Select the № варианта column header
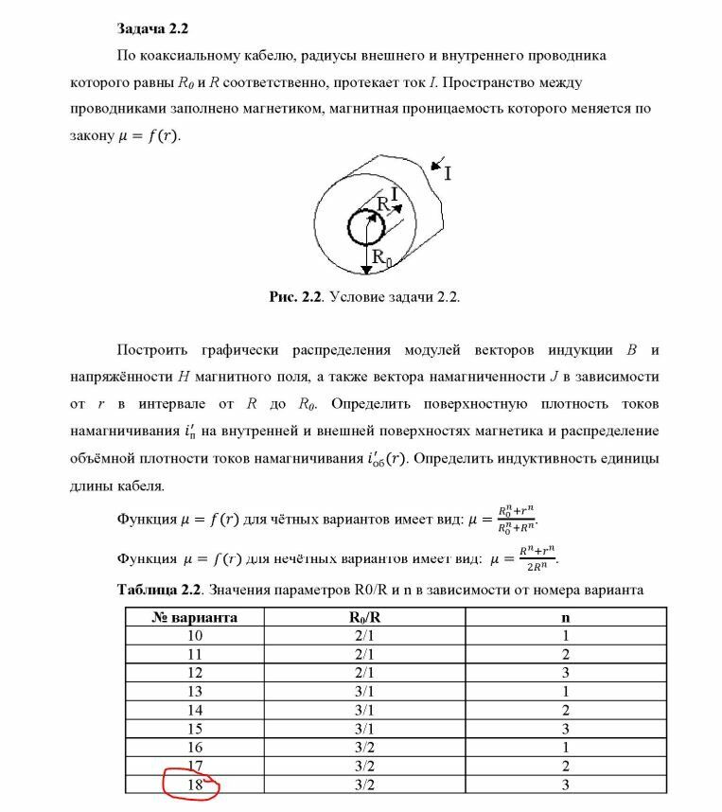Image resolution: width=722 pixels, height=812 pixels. point(194,618)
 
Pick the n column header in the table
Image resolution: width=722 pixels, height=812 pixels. point(565,618)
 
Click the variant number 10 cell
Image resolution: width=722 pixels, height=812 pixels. point(194,636)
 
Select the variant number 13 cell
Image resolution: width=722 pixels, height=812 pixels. point(194,692)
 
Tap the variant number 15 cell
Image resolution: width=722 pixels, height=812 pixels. point(194,729)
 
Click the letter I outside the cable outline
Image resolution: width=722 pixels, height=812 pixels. point(448,173)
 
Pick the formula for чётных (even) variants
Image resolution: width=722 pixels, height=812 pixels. point(521,519)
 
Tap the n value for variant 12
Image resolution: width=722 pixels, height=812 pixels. point(565,673)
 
